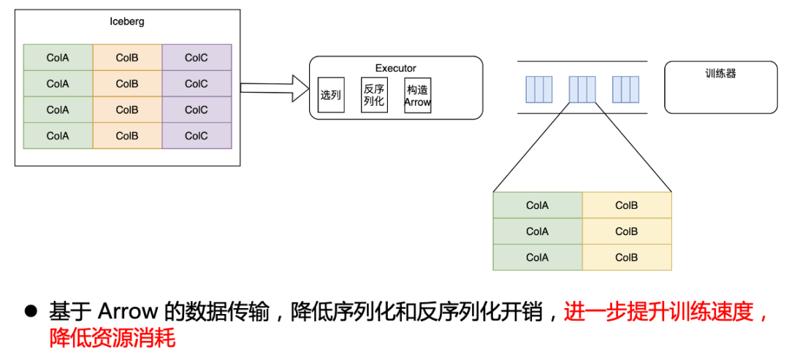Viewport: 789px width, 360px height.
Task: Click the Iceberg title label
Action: click(x=127, y=21)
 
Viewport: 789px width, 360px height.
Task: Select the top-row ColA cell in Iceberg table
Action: click(x=58, y=58)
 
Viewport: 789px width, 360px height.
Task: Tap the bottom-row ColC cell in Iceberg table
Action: click(x=197, y=136)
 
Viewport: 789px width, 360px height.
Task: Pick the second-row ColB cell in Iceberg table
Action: click(x=127, y=84)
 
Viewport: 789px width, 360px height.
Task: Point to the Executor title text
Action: click(x=396, y=68)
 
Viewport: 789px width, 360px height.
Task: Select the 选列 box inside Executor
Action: click(x=330, y=95)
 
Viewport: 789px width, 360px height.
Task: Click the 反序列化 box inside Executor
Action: click(x=373, y=95)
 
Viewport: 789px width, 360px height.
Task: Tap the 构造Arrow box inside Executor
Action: click(x=417, y=95)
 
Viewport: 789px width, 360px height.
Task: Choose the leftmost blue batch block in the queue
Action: click(x=539, y=89)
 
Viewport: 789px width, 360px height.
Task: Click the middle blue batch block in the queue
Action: click(x=582, y=89)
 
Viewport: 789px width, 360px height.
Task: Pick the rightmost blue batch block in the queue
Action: click(x=626, y=89)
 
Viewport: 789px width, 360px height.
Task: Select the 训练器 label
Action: click(x=720, y=74)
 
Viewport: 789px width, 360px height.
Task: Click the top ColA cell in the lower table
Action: click(x=538, y=205)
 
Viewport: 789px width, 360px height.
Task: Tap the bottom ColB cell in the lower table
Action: click(x=627, y=258)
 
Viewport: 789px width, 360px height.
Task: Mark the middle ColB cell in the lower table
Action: click(x=627, y=231)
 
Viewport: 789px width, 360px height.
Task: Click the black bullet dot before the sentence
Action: click(x=31, y=311)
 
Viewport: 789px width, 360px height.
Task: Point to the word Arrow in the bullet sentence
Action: click(x=128, y=313)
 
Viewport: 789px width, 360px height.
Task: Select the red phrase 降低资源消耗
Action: click(x=113, y=338)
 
